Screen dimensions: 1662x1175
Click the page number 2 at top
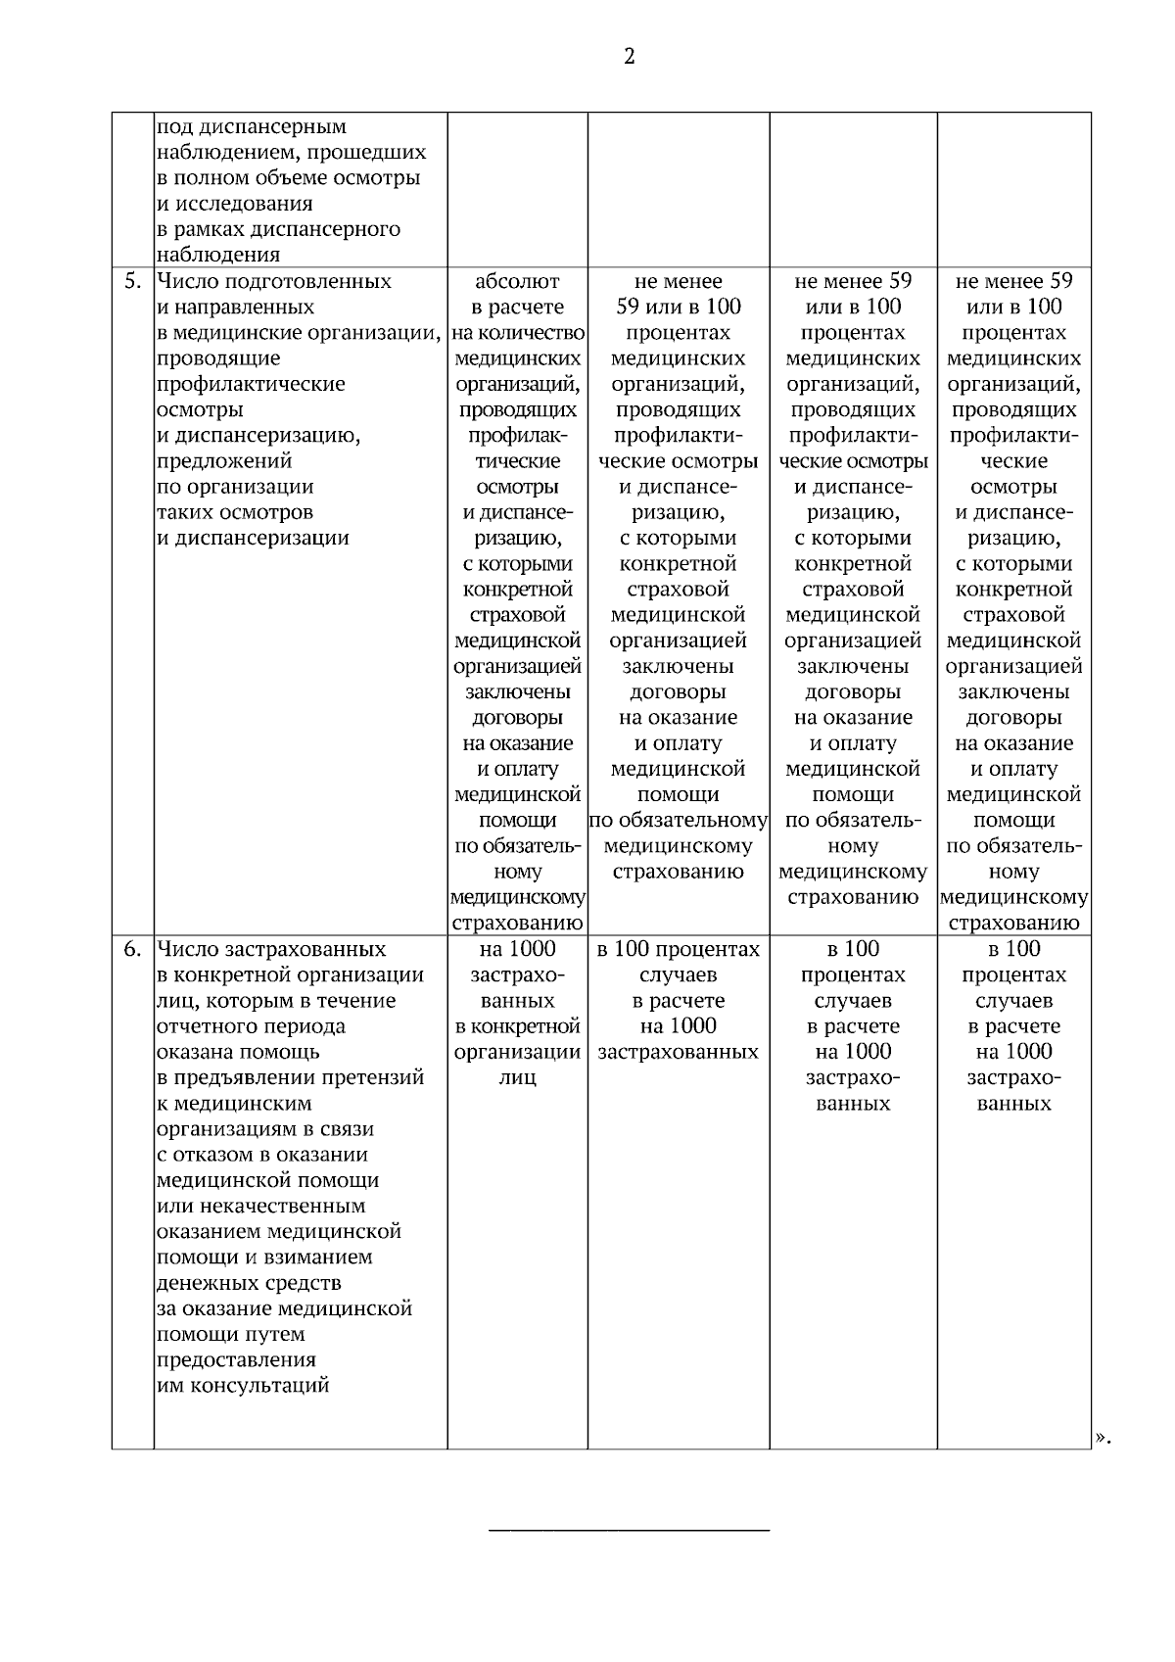pos(629,57)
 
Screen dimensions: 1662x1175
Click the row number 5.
pos(132,282)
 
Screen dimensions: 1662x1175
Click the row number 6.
pos(132,950)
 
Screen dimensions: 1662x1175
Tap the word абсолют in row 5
pos(517,282)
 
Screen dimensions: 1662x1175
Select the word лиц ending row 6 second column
pos(517,1078)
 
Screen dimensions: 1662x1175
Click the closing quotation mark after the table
pos(1103,1437)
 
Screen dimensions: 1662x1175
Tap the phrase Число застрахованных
pos(271,950)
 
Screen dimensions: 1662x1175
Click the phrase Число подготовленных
pos(274,282)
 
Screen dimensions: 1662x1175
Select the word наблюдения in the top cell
pos(218,256)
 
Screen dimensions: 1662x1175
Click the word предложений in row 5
pos(224,461)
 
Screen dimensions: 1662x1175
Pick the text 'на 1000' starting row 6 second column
pos(517,949)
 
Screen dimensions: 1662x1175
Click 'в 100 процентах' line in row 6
pos(678,950)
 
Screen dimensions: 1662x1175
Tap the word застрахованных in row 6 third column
pos(678,1053)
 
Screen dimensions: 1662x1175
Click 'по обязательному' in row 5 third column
pos(678,821)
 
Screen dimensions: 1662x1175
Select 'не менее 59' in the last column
pos(1013,282)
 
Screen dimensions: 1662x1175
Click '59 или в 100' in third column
pos(678,308)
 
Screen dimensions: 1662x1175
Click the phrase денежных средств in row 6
pos(249,1283)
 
